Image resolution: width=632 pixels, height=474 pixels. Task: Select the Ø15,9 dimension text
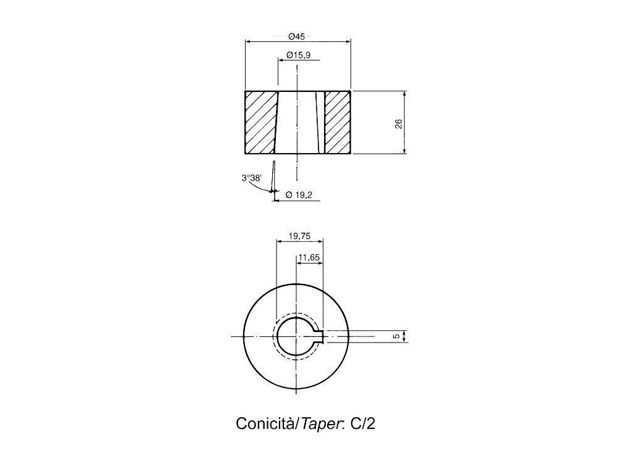coord(298,56)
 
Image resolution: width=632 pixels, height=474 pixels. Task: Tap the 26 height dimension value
coord(399,123)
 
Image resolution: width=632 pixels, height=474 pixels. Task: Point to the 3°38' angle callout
coord(252,178)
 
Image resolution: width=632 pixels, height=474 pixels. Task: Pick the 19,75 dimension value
coord(299,236)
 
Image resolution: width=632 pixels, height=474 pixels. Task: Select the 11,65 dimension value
coord(309,257)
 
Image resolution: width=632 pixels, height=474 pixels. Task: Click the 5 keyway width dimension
coord(396,336)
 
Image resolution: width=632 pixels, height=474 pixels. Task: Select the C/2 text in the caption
coord(362,424)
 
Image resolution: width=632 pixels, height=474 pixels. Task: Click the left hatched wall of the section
coord(260,122)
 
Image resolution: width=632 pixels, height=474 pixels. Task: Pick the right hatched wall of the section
coord(338,122)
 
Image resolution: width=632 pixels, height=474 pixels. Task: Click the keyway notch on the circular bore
coord(320,336)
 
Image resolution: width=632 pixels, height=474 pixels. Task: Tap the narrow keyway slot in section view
coord(320,122)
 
